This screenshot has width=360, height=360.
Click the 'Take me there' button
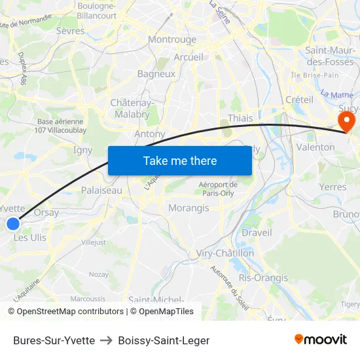179,160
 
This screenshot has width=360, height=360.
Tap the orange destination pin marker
345,121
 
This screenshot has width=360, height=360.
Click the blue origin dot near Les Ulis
13,224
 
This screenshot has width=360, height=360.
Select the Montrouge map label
172,39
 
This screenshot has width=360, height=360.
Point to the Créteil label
299,99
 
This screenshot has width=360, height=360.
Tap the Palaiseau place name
101,190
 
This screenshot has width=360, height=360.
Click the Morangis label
189,208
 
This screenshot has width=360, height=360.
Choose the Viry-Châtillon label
225,253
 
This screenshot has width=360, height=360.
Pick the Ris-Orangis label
263,278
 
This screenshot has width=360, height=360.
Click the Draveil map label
257,232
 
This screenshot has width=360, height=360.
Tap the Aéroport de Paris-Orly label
219,189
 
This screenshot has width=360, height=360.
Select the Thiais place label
240,118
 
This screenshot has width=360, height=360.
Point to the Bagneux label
156,74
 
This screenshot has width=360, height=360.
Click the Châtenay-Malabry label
132,109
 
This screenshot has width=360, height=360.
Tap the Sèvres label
70,31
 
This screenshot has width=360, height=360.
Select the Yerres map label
333,187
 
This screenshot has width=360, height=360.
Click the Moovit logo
320,339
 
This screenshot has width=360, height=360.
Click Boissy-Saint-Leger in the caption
164,340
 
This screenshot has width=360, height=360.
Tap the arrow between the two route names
106,340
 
